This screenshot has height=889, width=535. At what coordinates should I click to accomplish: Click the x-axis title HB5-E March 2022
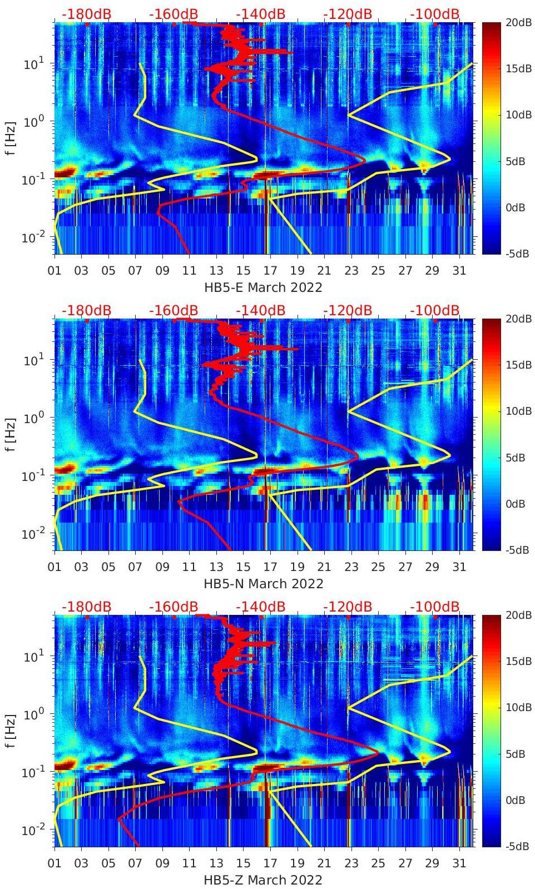[263, 287]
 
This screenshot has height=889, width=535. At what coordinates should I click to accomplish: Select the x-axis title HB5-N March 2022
[263, 584]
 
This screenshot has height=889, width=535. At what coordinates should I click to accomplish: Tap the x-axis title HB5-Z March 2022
[263, 880]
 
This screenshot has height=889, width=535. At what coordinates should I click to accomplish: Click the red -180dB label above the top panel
[86, 14]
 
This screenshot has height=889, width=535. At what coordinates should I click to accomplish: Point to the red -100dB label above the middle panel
[435, 310]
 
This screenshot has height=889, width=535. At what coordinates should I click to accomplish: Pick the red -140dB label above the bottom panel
[260, 607]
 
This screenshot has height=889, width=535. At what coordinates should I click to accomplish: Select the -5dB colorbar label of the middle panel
[517, 550]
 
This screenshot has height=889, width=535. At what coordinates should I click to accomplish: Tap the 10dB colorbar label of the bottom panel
[518, 707]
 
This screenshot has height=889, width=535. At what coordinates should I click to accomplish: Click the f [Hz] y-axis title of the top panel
[11, 138]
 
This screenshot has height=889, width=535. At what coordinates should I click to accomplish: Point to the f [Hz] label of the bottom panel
[11, 731]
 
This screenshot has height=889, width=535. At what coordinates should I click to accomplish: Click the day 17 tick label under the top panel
[270, 271]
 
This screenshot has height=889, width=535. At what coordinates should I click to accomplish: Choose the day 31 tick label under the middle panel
[459, 567]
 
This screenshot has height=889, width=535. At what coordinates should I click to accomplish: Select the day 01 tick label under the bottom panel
[55, 863]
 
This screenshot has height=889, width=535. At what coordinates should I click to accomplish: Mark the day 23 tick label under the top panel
[351, 271]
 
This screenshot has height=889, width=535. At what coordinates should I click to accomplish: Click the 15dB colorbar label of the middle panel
[518, 365]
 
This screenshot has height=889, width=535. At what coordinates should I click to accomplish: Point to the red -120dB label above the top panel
[348, 14]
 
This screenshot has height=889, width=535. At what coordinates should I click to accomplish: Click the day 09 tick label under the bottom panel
[162, 863]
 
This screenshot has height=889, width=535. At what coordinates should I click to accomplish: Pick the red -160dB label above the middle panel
[174, 310]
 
